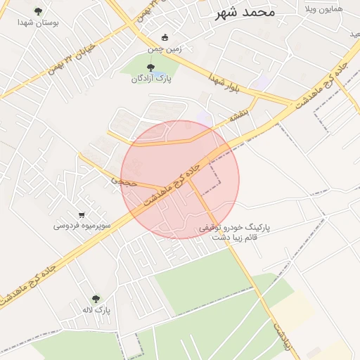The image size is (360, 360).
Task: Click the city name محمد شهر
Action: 245,12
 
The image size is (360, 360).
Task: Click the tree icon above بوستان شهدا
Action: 38,11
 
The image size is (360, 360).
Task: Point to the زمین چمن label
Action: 165,49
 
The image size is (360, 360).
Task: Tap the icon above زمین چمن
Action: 165,38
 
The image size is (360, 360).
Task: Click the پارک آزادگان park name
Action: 151,79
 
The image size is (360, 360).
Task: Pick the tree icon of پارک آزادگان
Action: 151,67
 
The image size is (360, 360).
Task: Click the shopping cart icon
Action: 82,214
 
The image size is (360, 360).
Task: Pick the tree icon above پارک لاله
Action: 96,299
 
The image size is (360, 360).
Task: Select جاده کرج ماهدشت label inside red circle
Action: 173,182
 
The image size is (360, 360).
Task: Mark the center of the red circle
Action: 180,179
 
